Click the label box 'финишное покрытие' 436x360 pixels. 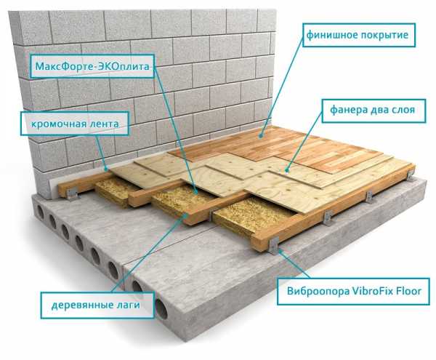359,35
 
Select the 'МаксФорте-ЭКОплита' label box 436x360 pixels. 92,66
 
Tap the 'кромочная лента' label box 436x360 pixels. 75,124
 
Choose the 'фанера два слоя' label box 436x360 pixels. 374,111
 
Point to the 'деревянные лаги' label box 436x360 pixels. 97,305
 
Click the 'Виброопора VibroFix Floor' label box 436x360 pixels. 353,292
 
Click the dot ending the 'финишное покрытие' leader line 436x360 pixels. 261,135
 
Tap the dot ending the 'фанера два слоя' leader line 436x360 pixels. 286,169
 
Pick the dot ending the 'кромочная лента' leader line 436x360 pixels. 105,169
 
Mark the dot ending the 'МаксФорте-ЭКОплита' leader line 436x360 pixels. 195,192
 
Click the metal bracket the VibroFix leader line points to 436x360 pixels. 273,247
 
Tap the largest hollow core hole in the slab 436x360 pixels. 161,309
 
